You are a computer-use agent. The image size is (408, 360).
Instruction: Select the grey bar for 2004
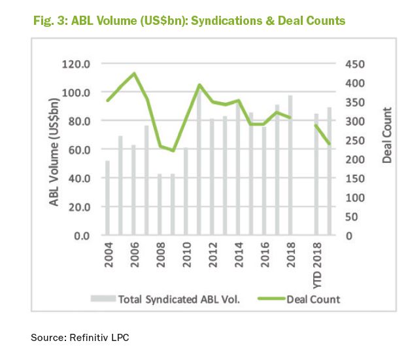(107, 198)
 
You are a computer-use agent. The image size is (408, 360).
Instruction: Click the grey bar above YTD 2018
(316, 174)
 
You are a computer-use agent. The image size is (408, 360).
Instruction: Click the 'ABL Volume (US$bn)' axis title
(57, 150)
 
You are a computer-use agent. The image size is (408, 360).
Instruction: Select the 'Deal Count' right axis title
(387, 135)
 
